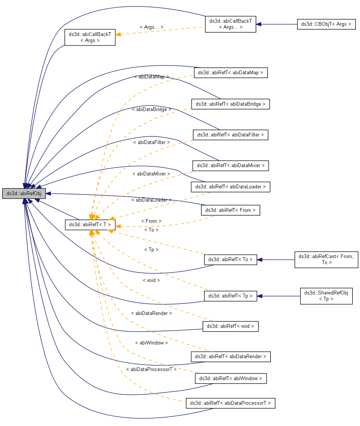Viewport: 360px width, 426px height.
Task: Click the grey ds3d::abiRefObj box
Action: tap(24, 193)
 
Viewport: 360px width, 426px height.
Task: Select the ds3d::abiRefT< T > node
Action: tap(90, 224)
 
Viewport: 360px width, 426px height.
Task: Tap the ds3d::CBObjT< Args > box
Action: tap(326, 24)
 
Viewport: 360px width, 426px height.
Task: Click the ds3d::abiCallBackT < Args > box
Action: tap(90, 37)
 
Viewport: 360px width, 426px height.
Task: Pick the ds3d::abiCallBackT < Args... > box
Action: tap(230, 24)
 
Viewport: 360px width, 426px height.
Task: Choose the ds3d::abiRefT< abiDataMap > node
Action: tap(231, 72)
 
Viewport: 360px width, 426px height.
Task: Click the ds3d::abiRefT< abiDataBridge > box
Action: tap(230, 104)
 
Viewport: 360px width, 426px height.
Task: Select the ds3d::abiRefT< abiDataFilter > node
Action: tap(231, 135)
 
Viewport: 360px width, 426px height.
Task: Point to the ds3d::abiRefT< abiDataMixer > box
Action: tap(231, 166)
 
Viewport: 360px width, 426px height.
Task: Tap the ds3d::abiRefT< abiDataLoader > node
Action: tap(231, 186)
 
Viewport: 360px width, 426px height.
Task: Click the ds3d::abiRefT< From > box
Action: tap(231, 210)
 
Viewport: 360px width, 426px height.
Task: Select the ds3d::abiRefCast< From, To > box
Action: tap(326, 260)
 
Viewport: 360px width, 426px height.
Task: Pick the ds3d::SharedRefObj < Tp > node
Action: tap(326, 296)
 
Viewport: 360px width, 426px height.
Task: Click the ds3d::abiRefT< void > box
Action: tap(231, 326)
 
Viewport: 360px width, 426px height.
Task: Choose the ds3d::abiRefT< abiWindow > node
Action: tap(231, 378)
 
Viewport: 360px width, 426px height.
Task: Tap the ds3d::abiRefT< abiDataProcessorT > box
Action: tap(230, 403)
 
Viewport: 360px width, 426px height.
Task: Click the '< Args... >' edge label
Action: tap(151, 27)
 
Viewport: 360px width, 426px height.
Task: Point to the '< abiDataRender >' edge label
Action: tap(151, 313)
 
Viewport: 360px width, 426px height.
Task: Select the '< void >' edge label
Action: tap(151, 280)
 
